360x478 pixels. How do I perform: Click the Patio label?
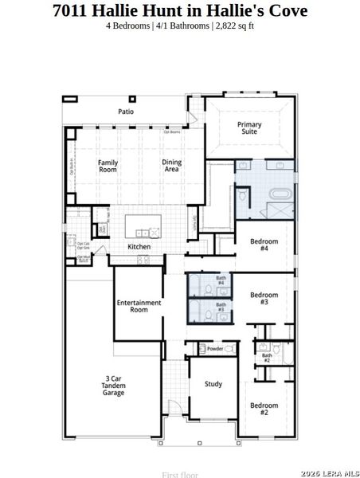[x=126, y=112]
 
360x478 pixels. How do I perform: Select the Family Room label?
[x=108, y=166]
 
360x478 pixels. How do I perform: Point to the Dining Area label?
[x=171, y=166]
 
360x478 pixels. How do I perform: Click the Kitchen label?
[x=139, y=247]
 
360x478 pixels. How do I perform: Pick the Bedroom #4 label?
[x=264, y=245]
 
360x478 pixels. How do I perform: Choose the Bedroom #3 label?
[x=264, y=299]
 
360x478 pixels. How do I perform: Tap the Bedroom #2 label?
[x=264, y=409]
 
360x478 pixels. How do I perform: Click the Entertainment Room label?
[x=139, y=306]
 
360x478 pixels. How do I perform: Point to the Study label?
[x=213, y=383]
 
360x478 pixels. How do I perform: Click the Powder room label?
[x=215, y=349]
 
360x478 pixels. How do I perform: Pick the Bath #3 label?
[x=221, y=307]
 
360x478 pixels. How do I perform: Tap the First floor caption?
[x=179, y=474]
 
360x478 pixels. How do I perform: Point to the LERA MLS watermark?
[x=331, y=472]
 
